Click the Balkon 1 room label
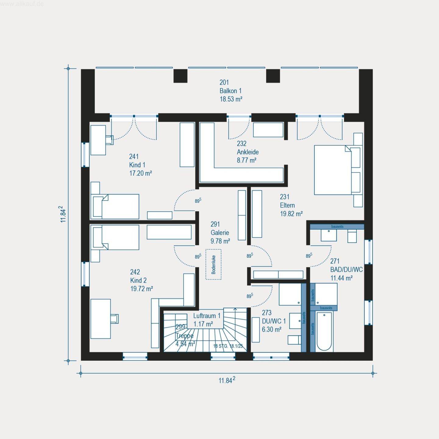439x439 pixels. [x=230, y=91]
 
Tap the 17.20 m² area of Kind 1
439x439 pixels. [x=141, y=173]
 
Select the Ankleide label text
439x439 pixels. [x=248, y=152]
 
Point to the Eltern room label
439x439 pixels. [x=287, y=205]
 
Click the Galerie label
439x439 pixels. [x=220, y=232]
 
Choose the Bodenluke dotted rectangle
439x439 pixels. [x=213, y=264]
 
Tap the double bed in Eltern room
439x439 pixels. [x=334, y=170]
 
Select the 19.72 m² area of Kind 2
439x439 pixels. [x=141, y=289]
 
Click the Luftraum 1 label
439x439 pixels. [x=206, y=316]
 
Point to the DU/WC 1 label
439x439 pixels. [x=274, y=321]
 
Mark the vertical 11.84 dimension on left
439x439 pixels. [x=63, y=214]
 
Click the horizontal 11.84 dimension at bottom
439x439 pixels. [x=227, y=380]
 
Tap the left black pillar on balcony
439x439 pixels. [x=180, y=76]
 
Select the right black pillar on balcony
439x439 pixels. [x=273, y=76]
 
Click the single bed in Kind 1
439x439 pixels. [x=116, y=206]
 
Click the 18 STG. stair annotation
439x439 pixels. [x=228, y=346]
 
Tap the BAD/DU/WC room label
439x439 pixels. [x=346, y=269]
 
